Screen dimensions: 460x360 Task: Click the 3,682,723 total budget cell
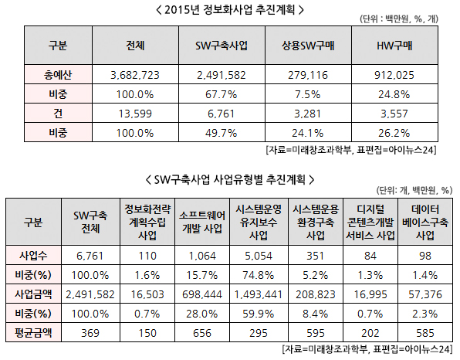[x=135, y=75]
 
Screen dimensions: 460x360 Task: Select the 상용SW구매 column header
[x=308, y=46]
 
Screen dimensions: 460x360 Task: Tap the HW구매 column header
[x=394, y=46]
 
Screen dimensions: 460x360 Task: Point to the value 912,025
[x=394, y=75]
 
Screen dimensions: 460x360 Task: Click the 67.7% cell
[x=222, y=94]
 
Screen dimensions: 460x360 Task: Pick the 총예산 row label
[x=58, y=75]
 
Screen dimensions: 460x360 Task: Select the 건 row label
[x=58, y=114]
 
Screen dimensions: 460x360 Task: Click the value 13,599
[x=135, y=114]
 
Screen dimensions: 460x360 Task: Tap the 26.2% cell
[x=394, y=133]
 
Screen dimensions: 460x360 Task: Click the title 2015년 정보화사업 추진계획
[x=230, y=10]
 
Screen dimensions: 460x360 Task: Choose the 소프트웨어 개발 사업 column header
[x=202, y=222]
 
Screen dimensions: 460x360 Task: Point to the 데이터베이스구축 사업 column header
[x=425, y=222]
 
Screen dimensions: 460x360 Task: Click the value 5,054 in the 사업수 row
[x=259, y=256]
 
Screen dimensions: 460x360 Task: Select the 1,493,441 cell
[x=259, y=294]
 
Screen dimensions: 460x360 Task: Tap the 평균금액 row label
[x=33, y=333]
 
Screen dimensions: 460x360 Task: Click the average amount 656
[x=202, y=333]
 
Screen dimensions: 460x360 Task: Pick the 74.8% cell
[x=259, y=275]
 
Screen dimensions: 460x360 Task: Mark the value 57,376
[x=425, y=294]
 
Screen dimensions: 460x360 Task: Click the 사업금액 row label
[x=33, y=294]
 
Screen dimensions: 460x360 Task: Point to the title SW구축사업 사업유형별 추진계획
[x=230, y=179]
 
